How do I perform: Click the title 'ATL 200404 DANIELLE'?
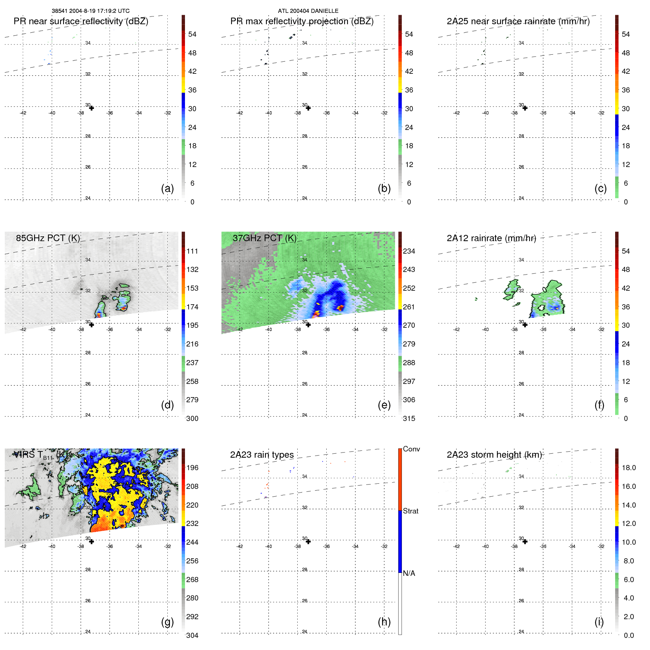pyautogui.click(x=308, y=11)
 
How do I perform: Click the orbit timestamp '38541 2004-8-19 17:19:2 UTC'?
pyautogui.click(x=90, y=11)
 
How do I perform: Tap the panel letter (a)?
pyautogui.click(x=167, y=188)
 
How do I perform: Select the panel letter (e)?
pyautogui.click(x=384, y=405)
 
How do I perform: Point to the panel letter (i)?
pyautogui.click(x=599, y=622)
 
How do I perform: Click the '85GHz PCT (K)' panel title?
pyautogui.click(x=48, y=238)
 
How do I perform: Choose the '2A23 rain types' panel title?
pyautogui.click(x=262, y=455)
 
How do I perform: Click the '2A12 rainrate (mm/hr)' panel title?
pyautogui.click(x=491, y=238)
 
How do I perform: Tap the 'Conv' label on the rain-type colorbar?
pyautogui.click(x=411, y=449)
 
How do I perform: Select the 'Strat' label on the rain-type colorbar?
pyautogui.click(x=410, y=511)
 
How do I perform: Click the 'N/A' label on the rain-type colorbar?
pyautogui.click(x=409, y=573)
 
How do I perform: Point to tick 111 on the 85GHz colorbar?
pyautogui.click(x=192, y=251)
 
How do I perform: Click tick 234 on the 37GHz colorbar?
pyautogui.click(x=409, y=251)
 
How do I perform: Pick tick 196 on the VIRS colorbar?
pyautogui.click(x=192, y=468)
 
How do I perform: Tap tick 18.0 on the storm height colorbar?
pyautogui.click(x=628, y=468)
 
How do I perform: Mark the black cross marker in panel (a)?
pyautogui.click(x=91, y=108)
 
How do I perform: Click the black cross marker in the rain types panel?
pyautogui.click(x=308, y=542)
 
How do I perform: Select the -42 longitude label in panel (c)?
pyautogui.click(x=456, y=113)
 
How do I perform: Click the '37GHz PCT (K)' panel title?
pyautogui.click(x=264, y=238)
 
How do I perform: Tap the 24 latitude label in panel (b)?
pyautogui.click(x=305, y=198)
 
